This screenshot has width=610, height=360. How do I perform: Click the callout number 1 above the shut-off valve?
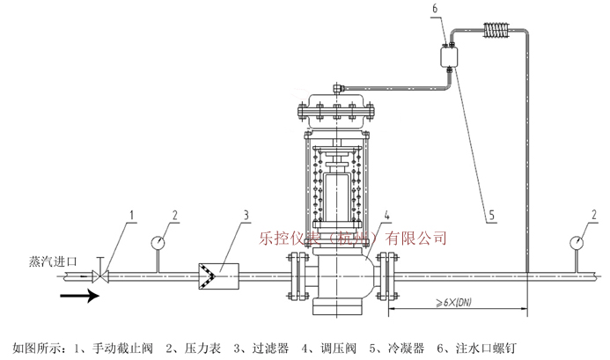tap(132, 214)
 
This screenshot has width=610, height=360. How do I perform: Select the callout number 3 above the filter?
tap(246, 214)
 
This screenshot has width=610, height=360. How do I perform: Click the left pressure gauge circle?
tap(158, 239)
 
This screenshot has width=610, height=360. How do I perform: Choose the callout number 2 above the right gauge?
tap(597, 214)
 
